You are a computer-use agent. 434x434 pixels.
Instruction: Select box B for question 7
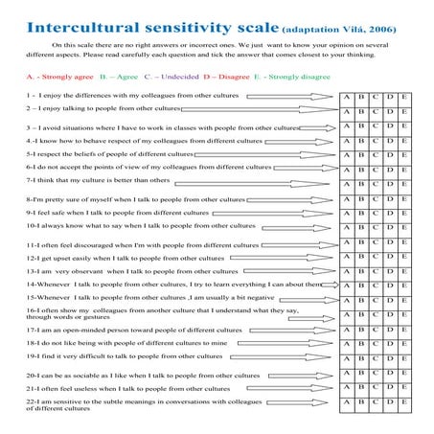coord(361,184)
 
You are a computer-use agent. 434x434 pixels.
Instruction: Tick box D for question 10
coord(390,227)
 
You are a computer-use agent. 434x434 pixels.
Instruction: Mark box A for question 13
coord(346,271)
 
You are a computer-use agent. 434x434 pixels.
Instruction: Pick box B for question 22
coord(361,403)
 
